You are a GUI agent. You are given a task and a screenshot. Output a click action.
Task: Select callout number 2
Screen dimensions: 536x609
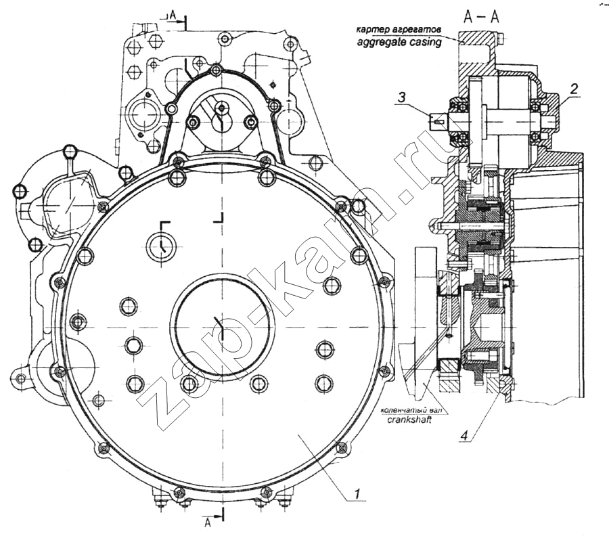574,89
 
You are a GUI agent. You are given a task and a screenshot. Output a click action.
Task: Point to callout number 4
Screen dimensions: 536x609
464,436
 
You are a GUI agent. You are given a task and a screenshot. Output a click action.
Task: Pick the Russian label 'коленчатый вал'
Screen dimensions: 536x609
408,409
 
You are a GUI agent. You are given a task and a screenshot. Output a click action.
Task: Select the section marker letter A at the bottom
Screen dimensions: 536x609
209,520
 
